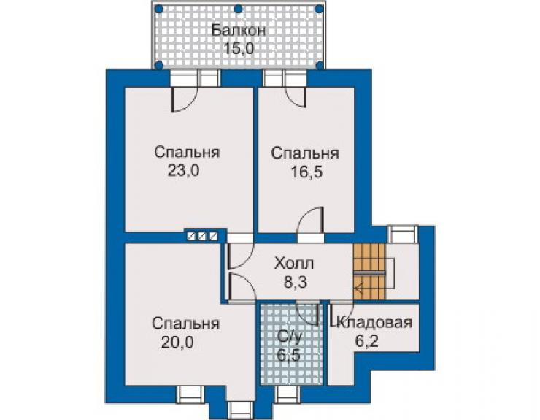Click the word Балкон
click(239, 31)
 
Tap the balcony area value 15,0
click(239, 48)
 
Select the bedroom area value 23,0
click(183, 170)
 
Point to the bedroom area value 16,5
click(306, 172)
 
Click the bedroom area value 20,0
click(177, 343)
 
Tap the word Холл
click(294, 264)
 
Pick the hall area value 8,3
click(295, 282)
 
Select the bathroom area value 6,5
click(288, 354)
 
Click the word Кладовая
click(374, 322)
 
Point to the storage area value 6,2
click(367, 341)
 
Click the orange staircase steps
click(369, 272)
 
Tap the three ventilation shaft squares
click(202, 236)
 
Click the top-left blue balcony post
click(158, 8)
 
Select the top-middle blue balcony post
click(238, 8)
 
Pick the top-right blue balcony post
click(319, 8)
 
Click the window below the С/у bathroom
click(288, 394)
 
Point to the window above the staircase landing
click(403, 234)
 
